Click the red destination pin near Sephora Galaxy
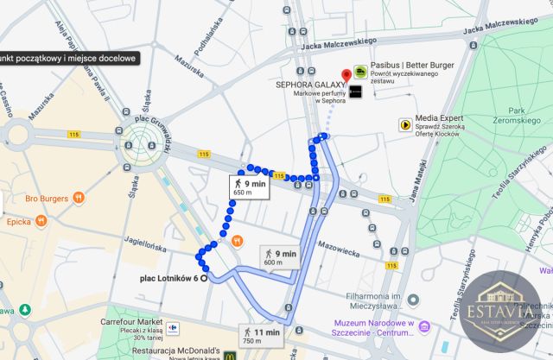pos(346,75)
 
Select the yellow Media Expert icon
pos(404,124)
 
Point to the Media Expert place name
pos(442,119)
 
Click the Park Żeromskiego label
pos(518,117)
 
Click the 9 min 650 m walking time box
pos(248,186)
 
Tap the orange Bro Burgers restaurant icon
pos(78,198)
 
